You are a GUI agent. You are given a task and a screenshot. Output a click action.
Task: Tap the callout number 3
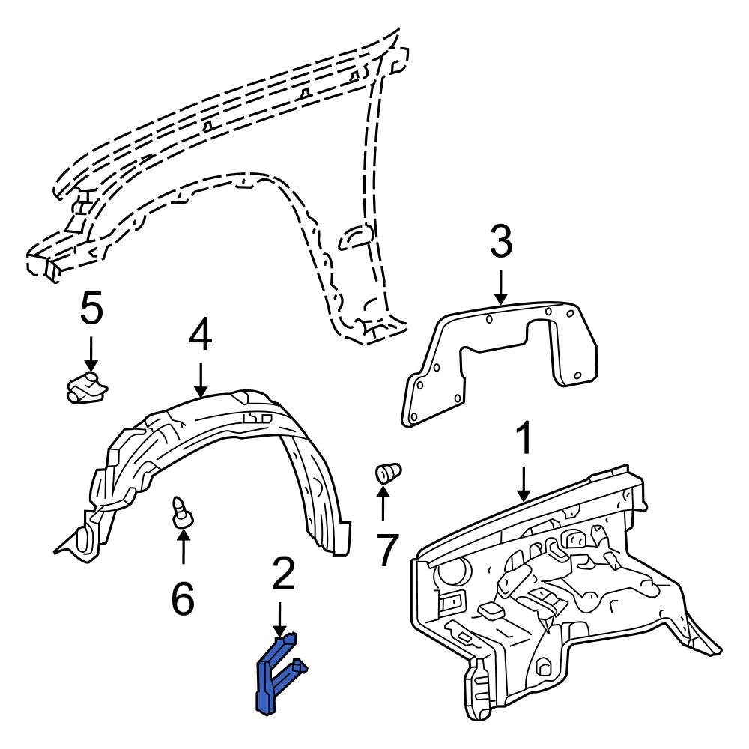(500, 242)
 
